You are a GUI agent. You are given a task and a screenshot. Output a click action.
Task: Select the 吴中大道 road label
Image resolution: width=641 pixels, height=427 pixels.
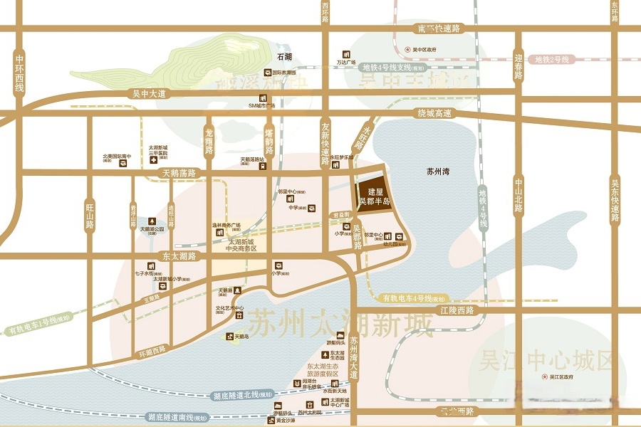click(x=149, y=93)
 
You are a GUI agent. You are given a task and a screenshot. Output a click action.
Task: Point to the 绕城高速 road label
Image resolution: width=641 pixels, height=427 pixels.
click(x=434, y=113)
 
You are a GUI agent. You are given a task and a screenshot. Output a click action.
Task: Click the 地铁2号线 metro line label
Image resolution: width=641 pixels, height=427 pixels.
click(x=552, y=60)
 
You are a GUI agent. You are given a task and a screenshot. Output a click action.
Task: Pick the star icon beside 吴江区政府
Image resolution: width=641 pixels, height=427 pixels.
click(x=545, y=376)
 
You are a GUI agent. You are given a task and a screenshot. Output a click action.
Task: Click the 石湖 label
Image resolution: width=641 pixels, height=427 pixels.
click(x=285, y=56)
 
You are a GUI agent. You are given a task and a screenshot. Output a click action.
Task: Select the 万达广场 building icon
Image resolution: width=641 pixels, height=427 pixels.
click(x=347, y=54)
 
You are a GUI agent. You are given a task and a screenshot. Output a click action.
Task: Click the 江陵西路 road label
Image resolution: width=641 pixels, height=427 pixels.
click(x=457, y=311)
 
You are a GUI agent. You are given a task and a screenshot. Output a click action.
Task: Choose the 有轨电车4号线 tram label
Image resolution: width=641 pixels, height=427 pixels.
click(x=414, y=298)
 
